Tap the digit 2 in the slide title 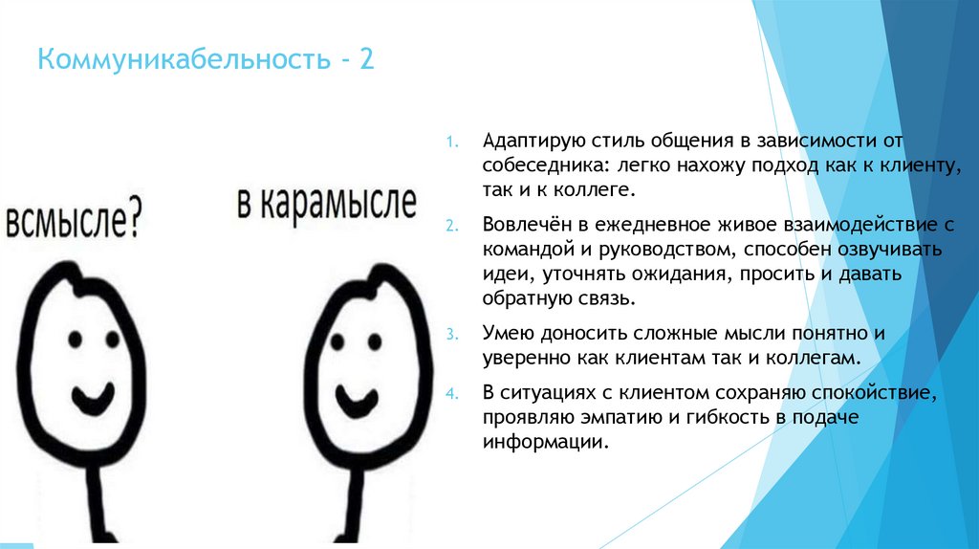[367, 63]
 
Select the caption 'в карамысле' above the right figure [327, 204]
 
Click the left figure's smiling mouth [90, 392]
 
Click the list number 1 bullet [453, 142]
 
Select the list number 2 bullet [453, 226]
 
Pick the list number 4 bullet [453, 393]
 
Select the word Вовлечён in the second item [524, 226]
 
